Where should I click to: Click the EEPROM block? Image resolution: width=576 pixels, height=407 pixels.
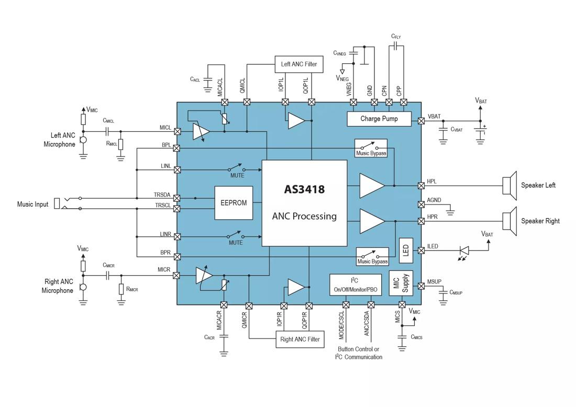234,203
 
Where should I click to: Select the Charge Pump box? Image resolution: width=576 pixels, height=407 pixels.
379,119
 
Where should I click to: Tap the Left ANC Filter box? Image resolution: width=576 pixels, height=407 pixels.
299,64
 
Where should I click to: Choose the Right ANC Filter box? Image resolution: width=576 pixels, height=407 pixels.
300,340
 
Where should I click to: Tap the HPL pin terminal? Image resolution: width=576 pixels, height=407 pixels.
421,185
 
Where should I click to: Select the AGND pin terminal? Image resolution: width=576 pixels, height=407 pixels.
421,204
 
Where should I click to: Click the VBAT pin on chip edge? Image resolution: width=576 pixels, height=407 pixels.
421,121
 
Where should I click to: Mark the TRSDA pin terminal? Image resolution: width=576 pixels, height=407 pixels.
177,198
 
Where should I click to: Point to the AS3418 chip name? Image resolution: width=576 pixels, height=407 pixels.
304,189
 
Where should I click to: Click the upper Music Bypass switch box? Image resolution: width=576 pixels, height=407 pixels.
371,148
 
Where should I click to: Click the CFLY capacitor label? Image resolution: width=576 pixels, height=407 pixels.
396,37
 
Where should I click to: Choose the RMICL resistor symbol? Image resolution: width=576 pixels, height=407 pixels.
121,144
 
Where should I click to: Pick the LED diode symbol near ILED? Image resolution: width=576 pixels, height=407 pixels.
463,251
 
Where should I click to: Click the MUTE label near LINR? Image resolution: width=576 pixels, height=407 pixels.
236,243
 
